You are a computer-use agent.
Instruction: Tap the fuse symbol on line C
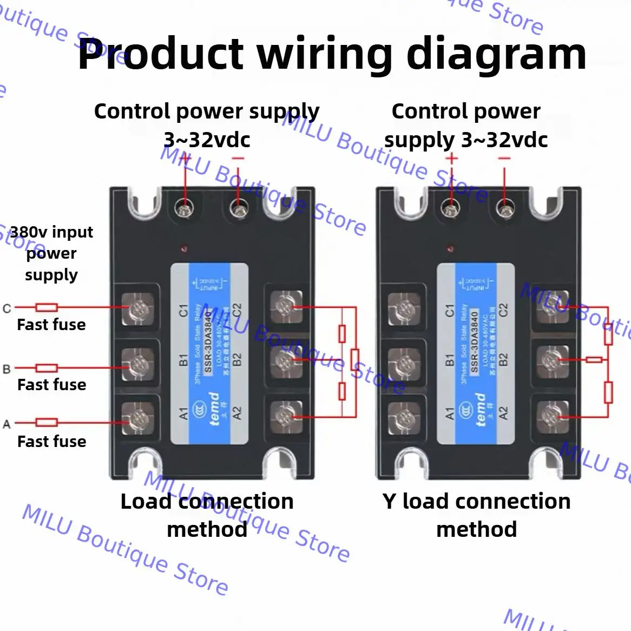click(x=47, y=307)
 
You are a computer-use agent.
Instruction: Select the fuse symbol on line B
click(x=47, y=368)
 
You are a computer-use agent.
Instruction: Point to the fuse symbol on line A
click(x=47, y=422)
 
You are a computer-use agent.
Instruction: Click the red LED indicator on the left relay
click(x=185, y=249)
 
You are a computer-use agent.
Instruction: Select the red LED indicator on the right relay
click(x=450, y=249)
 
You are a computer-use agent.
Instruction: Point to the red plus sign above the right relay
click(x=451, y=159)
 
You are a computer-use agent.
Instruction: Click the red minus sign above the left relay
click(x=238, y=159)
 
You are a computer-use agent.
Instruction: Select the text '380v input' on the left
click(x=52, y=232)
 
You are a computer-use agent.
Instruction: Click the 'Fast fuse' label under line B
click(x=52, y=385)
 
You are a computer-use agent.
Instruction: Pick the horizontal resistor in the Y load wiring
click(x=594, y=359)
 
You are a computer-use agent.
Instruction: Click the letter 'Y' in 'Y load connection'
click(x=390, y=502)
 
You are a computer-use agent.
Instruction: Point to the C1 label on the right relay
click(x=449, y=310)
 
